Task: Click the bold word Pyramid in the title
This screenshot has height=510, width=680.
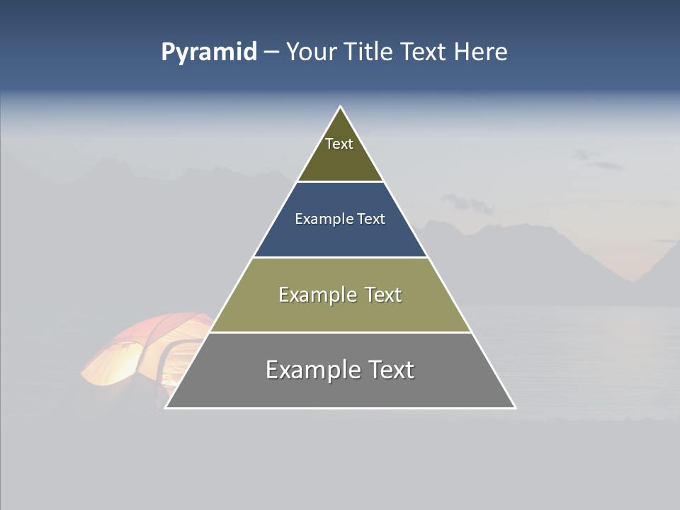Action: click(x=208, y=52)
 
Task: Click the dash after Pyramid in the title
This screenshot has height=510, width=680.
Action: click(x=271, y=52)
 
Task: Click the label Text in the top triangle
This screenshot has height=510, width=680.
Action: click(x=339, y=144)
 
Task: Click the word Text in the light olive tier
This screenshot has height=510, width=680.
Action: click(x=383, y=295)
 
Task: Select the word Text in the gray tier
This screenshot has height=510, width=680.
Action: click(x=390, y=370)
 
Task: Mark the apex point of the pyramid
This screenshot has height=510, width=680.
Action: click(x=341, y=106)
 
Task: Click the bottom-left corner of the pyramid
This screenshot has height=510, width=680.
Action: click(x=166, y=407)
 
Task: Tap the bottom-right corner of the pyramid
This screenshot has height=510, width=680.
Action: click(x=515, y=407)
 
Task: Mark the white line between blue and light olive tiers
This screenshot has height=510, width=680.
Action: click(x=340, y=257)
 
